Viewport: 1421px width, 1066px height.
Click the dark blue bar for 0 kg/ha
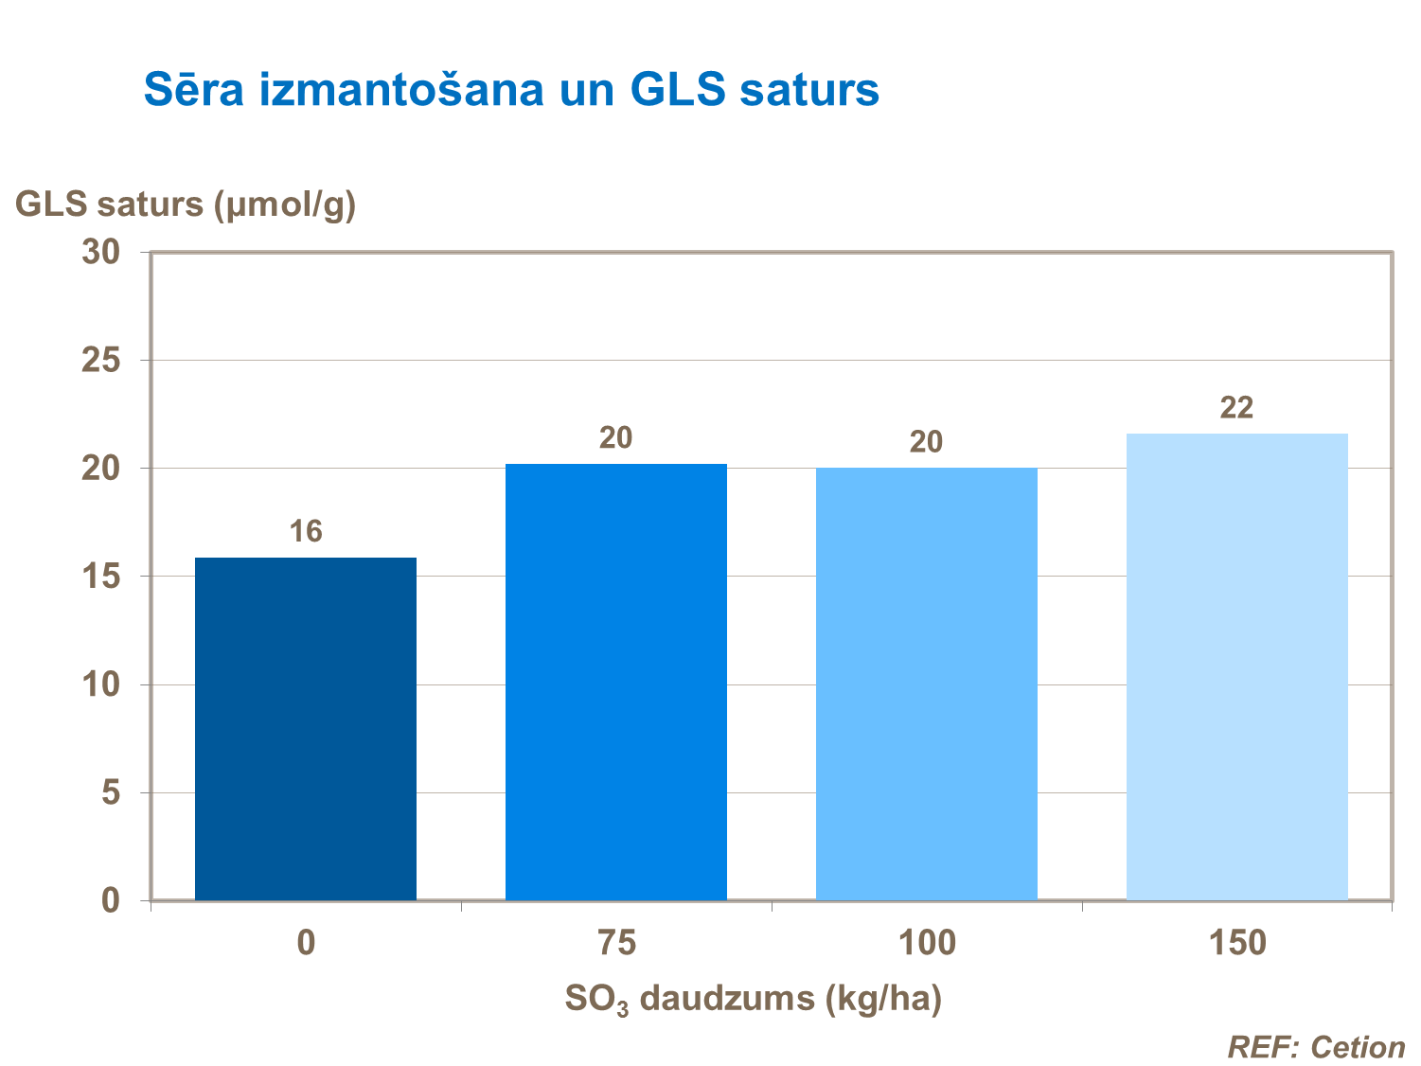[x=305, y=729]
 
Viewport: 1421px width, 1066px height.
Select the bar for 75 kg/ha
[x=615, y=682]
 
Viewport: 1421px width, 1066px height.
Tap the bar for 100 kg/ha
[x=926, y=684]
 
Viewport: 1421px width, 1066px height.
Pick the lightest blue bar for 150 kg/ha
[x=1236, y=666]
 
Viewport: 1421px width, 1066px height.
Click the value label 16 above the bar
[x=306, y=532]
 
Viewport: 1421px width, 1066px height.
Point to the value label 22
[x=1236, y=408]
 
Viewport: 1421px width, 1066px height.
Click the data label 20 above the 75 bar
[x=615, y=438]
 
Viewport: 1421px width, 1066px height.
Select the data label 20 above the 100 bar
[x=926, y=442]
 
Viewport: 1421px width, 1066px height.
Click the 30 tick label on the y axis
[x=101, y=252]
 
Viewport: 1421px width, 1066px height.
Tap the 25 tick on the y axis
[x=101, y=361]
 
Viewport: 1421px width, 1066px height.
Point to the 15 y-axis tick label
[x=101, y=577]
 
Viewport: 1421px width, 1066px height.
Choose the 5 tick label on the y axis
[x=111, y=792]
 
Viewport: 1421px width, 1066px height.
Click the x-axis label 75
[x=616, y=943]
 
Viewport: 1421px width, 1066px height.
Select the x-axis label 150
[x=1236, y=943]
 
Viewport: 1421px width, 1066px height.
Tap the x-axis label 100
[x=926, y=943]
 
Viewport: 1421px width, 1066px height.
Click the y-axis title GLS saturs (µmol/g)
[x=186, y=204]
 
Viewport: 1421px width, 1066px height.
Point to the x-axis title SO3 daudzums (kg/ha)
[x=754, y=1000]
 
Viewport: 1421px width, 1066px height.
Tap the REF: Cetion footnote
[x=1316, y=1047]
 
